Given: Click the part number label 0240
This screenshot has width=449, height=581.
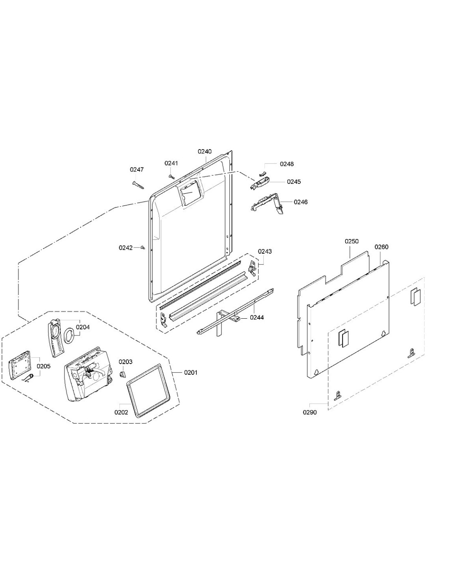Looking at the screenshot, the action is [204, 151].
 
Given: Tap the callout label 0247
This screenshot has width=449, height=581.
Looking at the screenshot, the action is [137, 170].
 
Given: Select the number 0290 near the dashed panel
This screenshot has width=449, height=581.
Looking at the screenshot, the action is [309, 412].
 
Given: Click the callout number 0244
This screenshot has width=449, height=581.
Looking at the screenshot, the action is [257, 317].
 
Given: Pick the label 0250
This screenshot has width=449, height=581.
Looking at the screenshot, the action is [351, 241].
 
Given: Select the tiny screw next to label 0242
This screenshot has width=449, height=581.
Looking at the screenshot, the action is [143, 248].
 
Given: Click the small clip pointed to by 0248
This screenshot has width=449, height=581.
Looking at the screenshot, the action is [263, 174].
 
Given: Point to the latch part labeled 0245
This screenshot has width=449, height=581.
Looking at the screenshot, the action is [260, 184].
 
